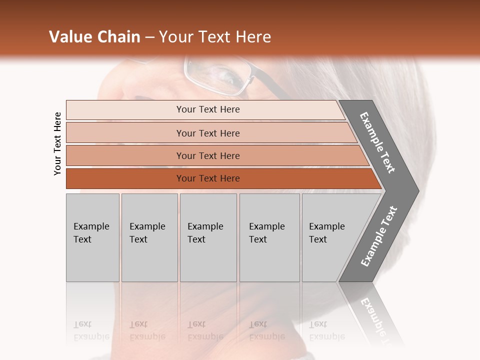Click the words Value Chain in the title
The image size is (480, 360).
[94, 37]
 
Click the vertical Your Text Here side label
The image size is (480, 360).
[57, 143]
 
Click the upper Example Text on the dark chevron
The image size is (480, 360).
[377, 142]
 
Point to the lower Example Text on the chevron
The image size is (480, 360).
[379, 236]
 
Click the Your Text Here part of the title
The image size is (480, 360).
[215, 37]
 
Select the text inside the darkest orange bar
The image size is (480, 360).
[208, 178]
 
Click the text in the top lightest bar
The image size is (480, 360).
[208, 109]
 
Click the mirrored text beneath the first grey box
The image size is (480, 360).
[91, 330]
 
